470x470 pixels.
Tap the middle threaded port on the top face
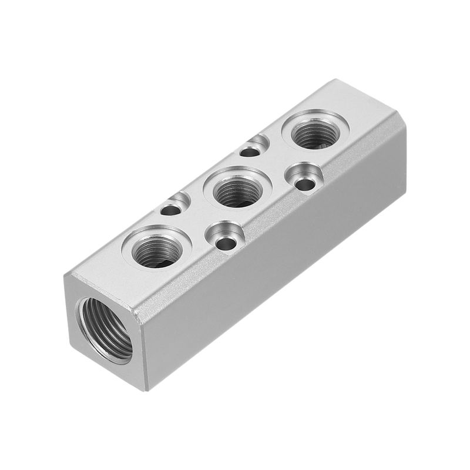pyautogui.click(x=238, y=192)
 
